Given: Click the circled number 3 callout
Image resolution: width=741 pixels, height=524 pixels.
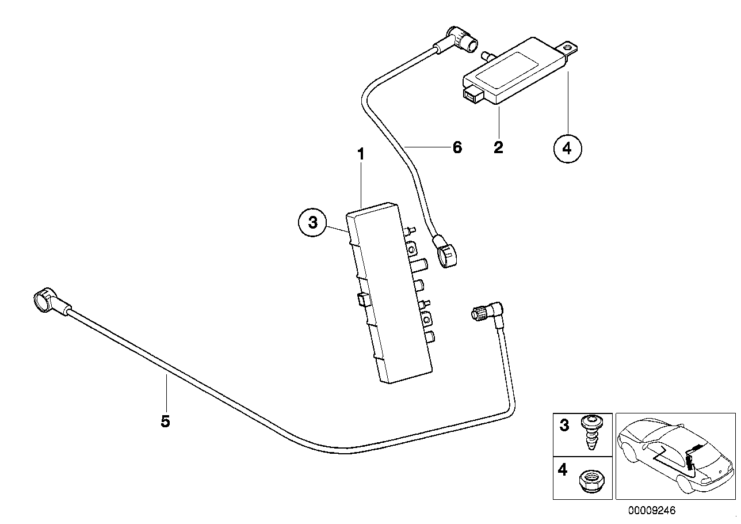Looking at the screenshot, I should click(312, 223).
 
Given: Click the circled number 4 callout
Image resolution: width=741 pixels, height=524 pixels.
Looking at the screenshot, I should click(567, 148).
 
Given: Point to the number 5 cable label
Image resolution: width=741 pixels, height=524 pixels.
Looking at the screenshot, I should click(165, 422).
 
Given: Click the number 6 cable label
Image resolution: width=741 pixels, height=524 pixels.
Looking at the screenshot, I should click(457, 147).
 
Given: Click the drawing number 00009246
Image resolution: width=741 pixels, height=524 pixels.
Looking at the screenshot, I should click(652, 510).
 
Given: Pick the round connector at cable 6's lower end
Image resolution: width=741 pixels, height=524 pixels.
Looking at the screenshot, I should click(446, 256).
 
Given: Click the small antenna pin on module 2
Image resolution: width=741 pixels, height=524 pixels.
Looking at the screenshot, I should click(486, 55).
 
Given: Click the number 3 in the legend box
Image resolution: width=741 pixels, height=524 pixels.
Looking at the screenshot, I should click(564, 426).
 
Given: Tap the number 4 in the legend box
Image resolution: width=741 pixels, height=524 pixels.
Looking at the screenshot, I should click(563, 470).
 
